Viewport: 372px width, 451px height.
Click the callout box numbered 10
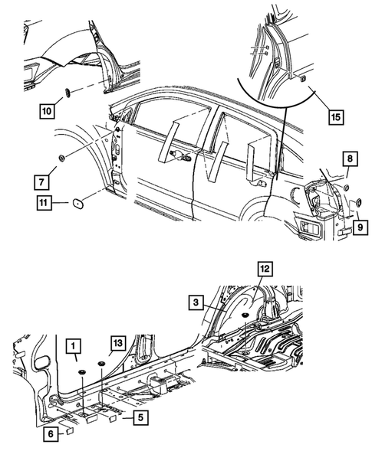[x=48, y=110]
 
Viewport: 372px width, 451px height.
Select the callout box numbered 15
[x=336, y=117]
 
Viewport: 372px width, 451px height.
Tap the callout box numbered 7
[x=41, y=182]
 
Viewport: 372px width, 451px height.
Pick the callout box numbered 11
[x=44, y=203]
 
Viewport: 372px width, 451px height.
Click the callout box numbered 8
[x=350, y=159]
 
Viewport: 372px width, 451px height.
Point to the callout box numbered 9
[x=360, y=227]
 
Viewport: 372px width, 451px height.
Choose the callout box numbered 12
[x=265, y=269]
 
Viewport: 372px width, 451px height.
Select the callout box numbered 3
[x=196, y=302]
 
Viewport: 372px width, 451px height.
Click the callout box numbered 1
[x=74, y=346]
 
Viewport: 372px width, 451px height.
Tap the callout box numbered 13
[x=118, y=343]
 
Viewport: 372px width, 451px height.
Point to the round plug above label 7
[x=61, y=158]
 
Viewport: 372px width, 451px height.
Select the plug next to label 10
[x=67, y=93]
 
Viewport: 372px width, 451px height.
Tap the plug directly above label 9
[x=359, y=202]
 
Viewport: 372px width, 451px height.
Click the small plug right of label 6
[x=71, y=430]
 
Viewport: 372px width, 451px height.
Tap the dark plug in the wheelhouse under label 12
[x=245, y=315]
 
